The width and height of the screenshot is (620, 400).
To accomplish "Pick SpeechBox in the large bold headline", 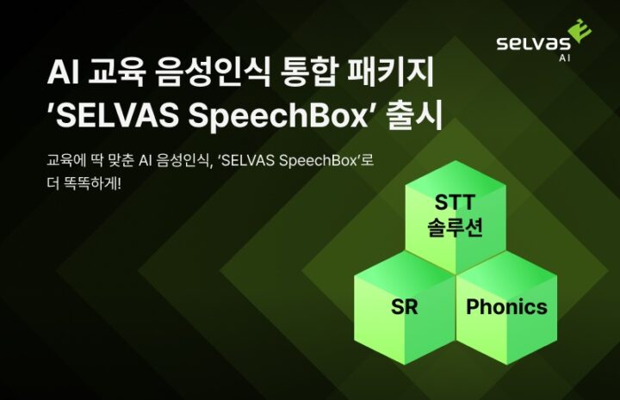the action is pyautogui.click(x=278, y=116).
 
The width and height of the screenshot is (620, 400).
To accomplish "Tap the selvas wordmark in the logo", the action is pyautogui.click(x=533, y=43).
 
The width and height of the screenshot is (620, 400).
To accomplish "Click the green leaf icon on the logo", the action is pyautogui.click(x=580, y=30).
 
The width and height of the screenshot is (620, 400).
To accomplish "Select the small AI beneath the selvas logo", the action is pyautogui.click(x=565, y=58).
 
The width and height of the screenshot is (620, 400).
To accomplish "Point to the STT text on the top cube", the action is pyautogui.click(x=455, y=202).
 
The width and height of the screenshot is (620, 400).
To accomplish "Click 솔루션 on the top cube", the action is pyautogui.click(x=455, y=227).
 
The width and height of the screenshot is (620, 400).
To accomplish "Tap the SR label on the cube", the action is pyautogui.click(x=404, y=306).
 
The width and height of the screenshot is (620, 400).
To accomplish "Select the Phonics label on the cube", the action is pyautogui.click(x=506, y=306).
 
